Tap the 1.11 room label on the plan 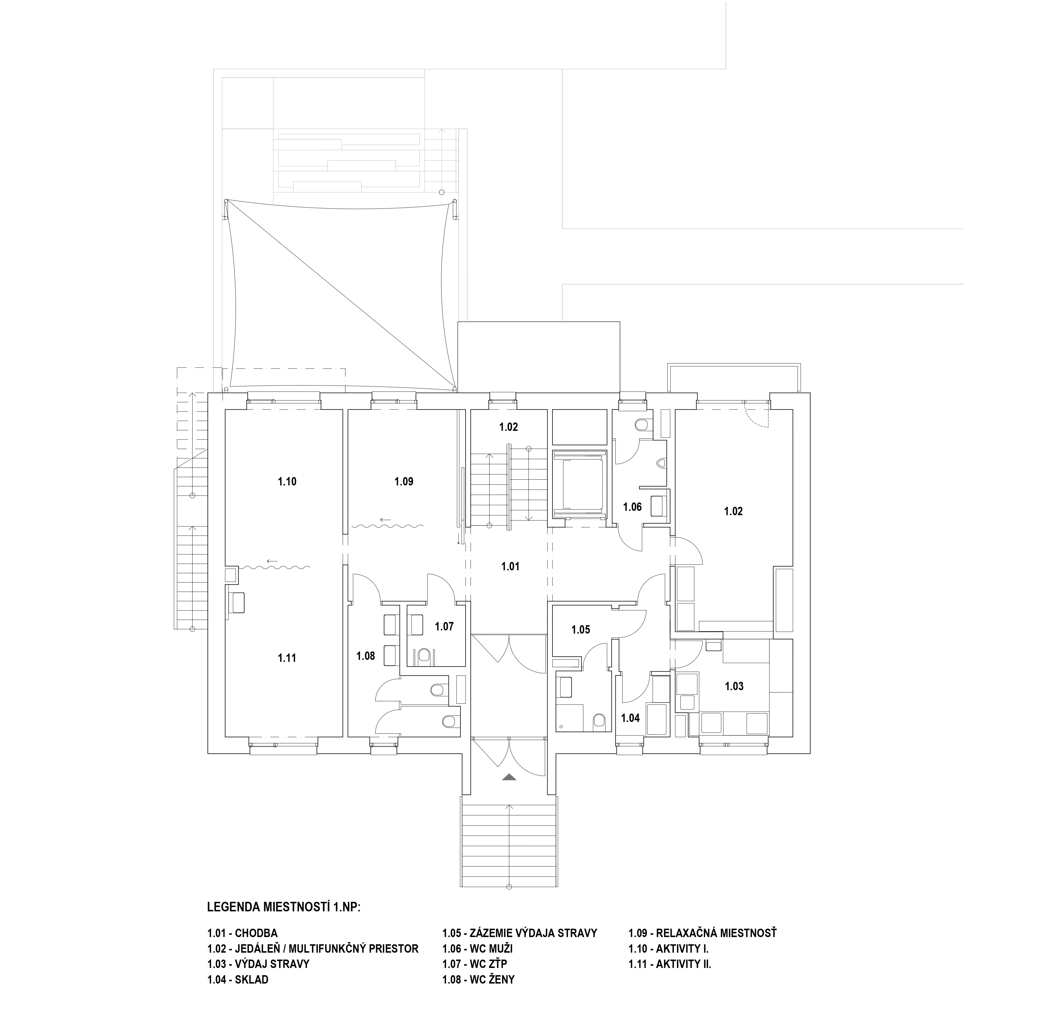click(287, 658)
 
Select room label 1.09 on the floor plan click(404, 482)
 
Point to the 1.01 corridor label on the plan click(510, 566)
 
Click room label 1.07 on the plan click(445, 627)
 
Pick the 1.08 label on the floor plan click(366, 656)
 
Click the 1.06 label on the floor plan click(633, 507)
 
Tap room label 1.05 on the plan click(581, 630)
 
